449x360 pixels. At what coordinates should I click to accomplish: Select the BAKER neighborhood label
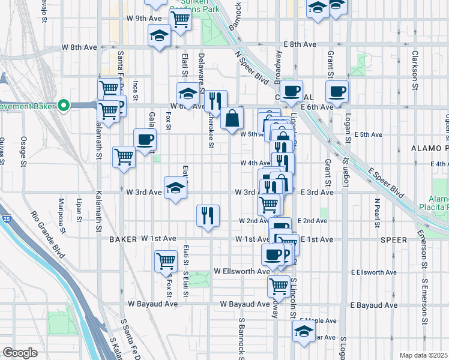click(124, 239)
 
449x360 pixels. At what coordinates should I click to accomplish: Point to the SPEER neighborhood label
click(393, 239)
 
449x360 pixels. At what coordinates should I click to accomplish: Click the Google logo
click(20, 353)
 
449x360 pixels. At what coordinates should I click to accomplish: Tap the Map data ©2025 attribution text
click(423, 355)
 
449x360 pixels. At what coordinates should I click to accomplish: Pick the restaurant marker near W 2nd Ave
click(208, 215)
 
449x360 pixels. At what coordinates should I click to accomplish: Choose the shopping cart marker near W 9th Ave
click(181, 19)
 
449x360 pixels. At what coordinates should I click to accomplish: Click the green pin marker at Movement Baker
click(64, 107)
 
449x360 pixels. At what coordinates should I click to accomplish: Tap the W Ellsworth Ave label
click(242, 271)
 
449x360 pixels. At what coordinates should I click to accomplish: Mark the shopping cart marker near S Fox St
click(165, 262)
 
